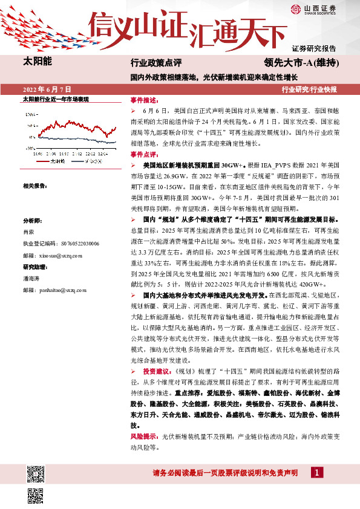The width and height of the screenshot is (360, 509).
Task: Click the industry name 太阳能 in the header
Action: coord(37,61)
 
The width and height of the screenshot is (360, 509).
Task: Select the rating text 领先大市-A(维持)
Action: coord(301,62)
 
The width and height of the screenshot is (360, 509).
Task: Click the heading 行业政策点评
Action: coord(156,63)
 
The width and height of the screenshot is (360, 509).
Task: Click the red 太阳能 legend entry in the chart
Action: coord(56,162)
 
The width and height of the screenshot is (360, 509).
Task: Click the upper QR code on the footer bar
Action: coord(36,473)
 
